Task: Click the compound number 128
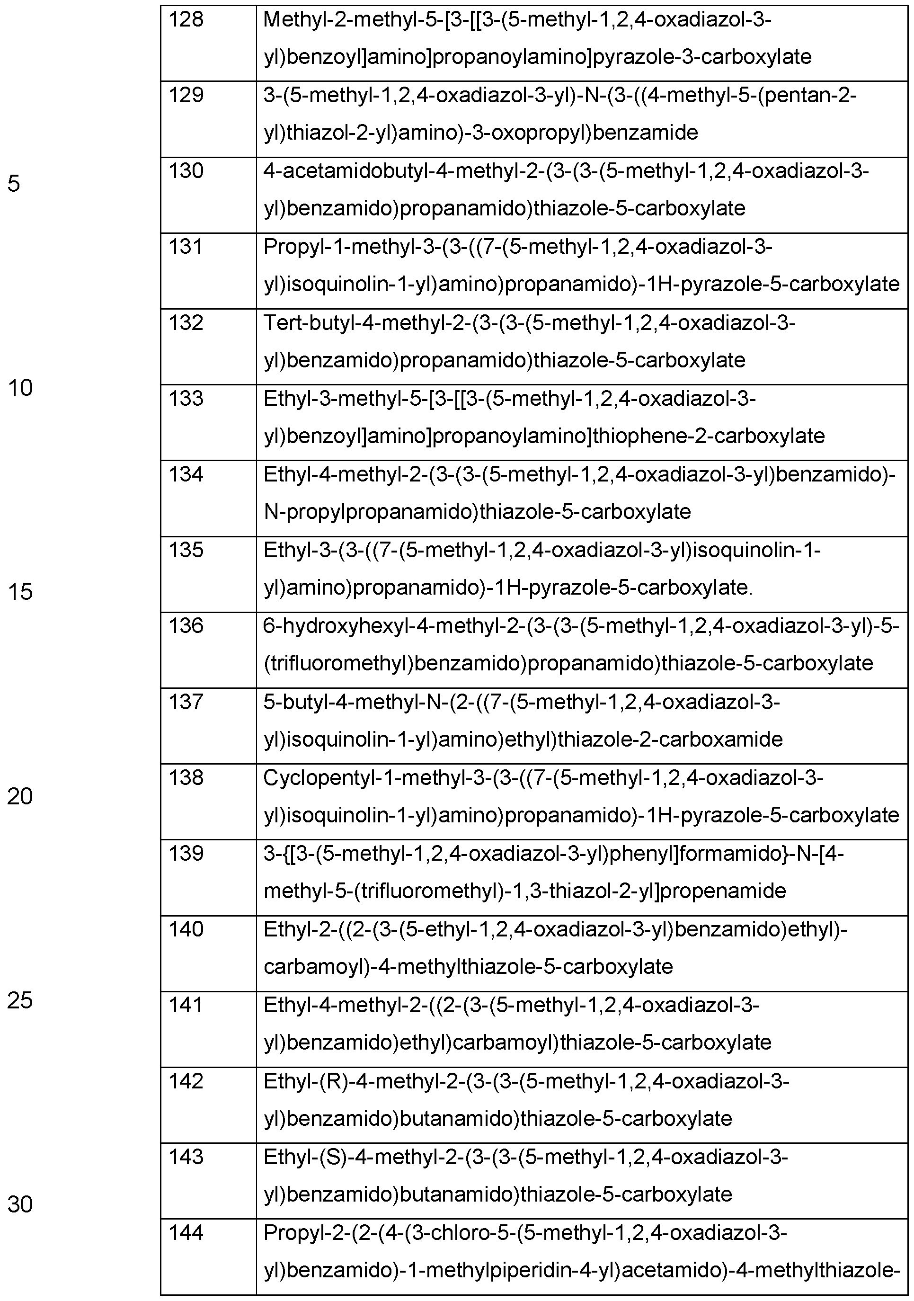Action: pyautogui.click(x=186, y=20)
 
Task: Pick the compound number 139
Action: pyautogui.click(x=186, y=853)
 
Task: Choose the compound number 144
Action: pyautogui.click(x=186, y=1232)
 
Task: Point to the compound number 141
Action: pyautogui.click(x=186, y=1005)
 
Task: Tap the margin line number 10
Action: pyautogui.click(x=20, y=388)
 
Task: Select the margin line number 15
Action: pyautogui.click(x=20, y=593)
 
